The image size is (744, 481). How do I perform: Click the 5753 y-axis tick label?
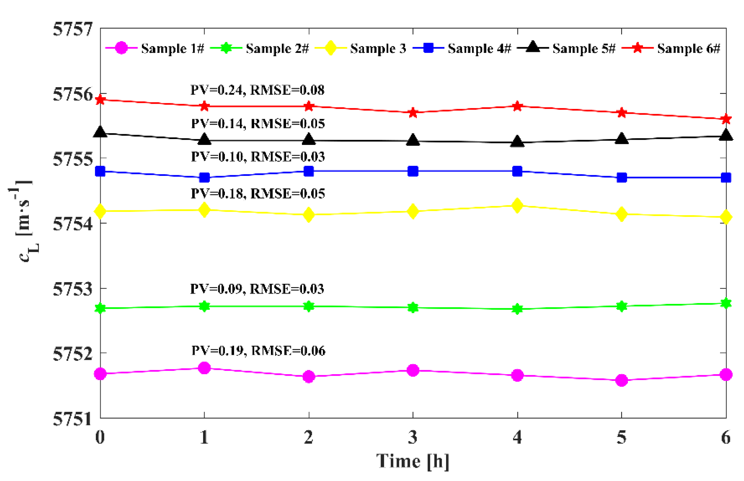coord(73,289)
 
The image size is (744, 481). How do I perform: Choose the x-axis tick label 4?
coord(517,437)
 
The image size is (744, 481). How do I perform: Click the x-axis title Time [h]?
coord(413,461)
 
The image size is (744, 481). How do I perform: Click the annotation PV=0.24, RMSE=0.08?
coord(257,90)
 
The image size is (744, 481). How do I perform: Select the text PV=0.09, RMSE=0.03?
coord(257,289)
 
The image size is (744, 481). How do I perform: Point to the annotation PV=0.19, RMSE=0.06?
coord(258,351)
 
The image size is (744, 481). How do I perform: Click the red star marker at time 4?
coord(517,106)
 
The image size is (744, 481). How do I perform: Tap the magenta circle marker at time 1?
coord(204,368)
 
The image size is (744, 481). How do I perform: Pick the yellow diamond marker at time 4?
coord(517,206)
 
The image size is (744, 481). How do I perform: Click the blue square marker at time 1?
coord(204,178)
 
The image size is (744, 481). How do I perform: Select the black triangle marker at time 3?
coord(413,141)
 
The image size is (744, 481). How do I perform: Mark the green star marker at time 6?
coord(726,303)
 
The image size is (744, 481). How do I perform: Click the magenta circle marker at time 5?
coord(621,380)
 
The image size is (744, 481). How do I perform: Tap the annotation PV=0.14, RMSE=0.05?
coord(258,124)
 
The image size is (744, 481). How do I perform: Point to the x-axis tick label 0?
coord(100,437)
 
